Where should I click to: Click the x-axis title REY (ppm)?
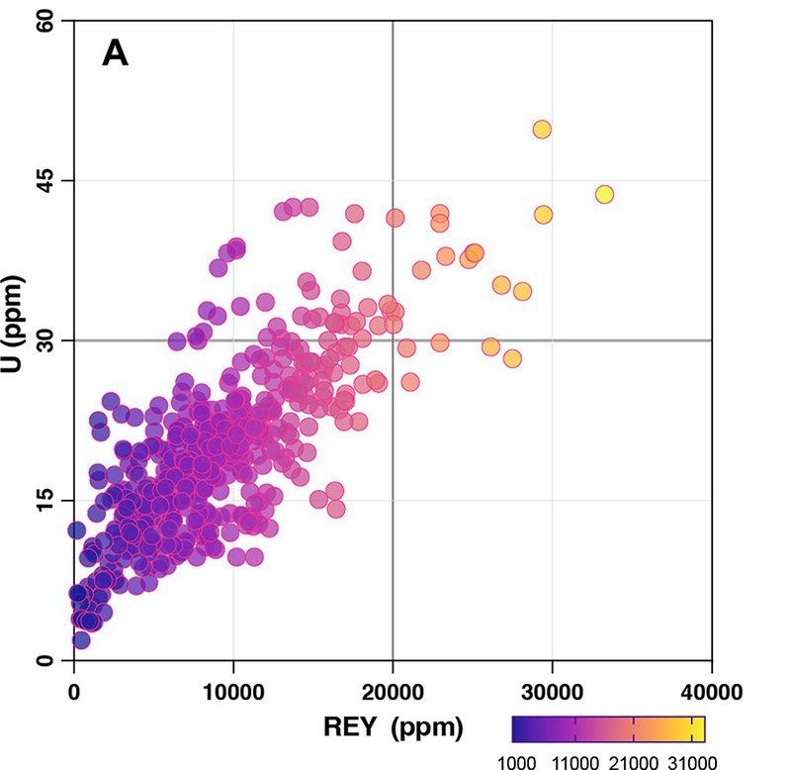click(x=394, y=727)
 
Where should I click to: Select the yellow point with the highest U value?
click(x=542, y=130)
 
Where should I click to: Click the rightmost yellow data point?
click(x=604, y=194)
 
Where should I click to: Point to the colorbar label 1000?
click(x=516, y=761)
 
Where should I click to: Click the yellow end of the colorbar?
click(x=698, y=728)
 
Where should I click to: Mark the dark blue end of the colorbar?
click(x=519, y=728)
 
